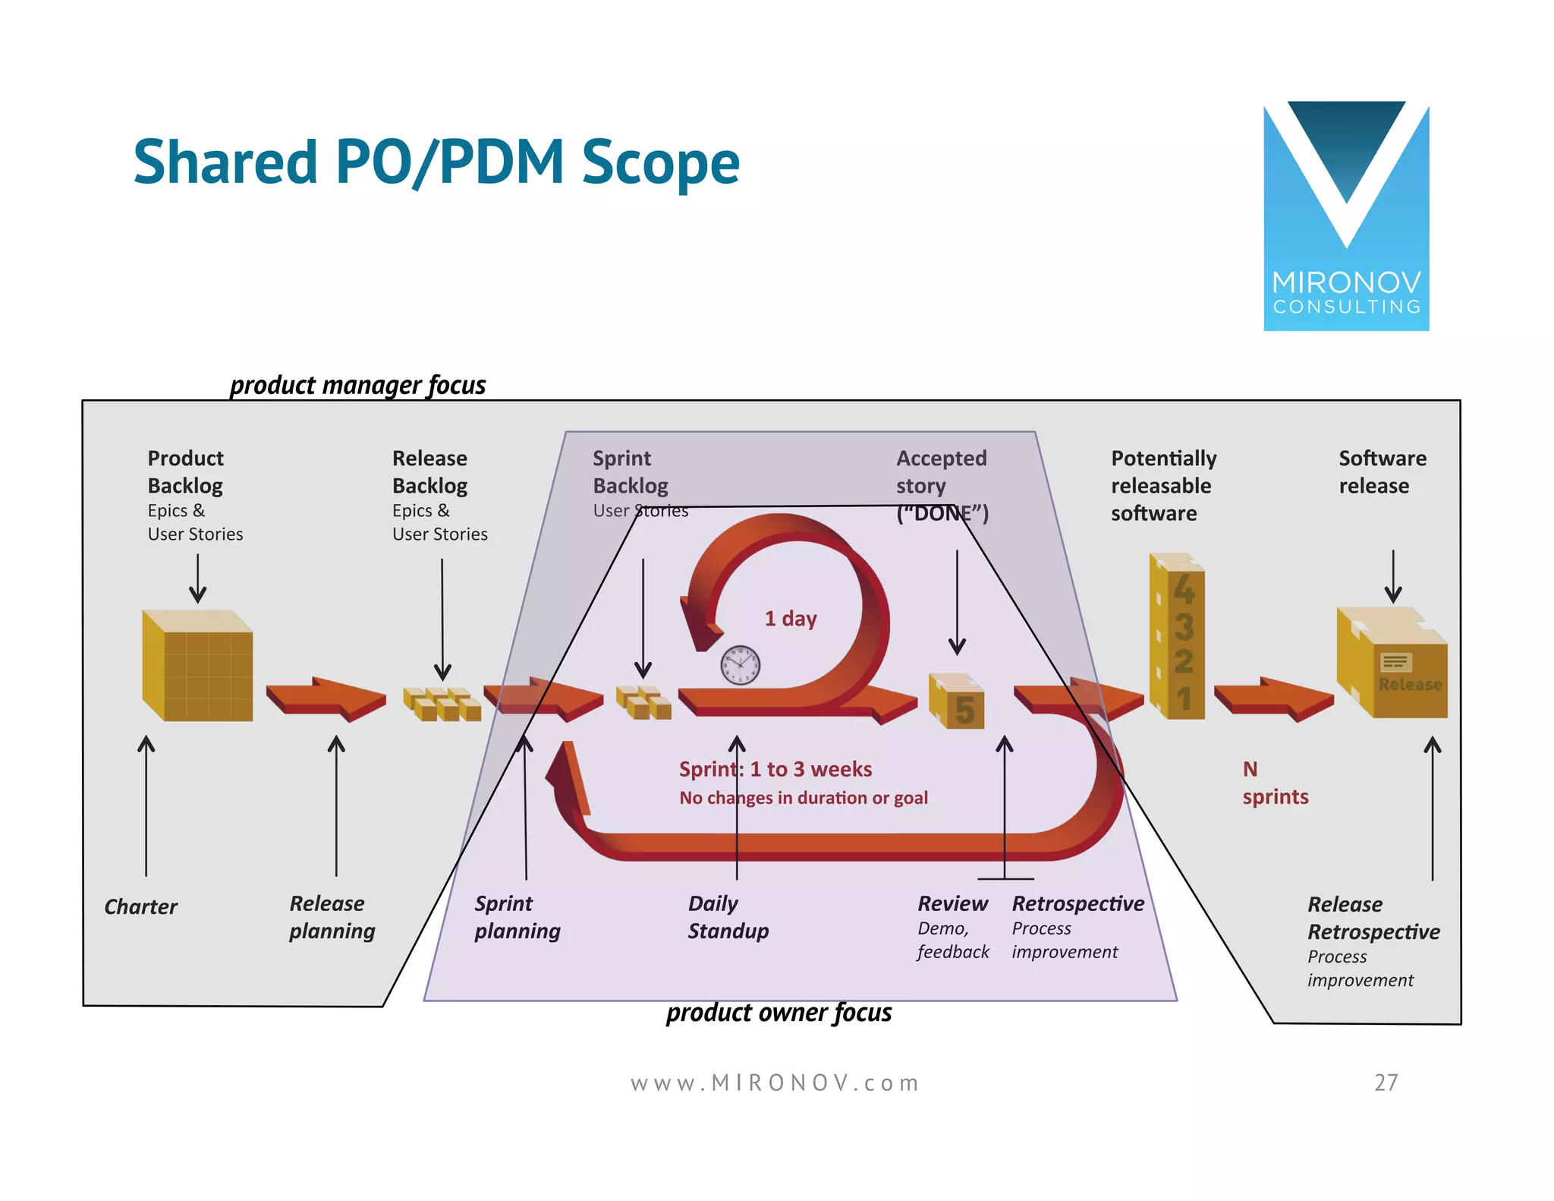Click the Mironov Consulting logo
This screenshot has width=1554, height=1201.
pyautogui.click(x=1345, y=216)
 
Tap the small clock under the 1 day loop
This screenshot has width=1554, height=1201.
pyautogui.click(x=740, y=665)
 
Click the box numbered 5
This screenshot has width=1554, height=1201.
pyautogui.click(x=958, y=701)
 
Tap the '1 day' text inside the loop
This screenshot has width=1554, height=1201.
pyautogui.click(x=790, y=619)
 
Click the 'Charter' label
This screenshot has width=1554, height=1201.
pyautogui.click(x=140, y=906)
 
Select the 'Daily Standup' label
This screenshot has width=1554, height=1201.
pyautogui.click(x=727, y=917)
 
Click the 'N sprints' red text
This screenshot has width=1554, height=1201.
pyautogui.click(x=1274, y=783)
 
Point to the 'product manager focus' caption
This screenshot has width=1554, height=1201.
pyautogui.click(x=357, y=385)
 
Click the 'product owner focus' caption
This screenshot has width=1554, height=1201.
pyautogui.click(x=779, y=1013)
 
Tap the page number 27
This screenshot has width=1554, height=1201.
pyautogui.click(x=1386, y=1082)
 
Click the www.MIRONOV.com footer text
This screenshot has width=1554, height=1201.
pyautogui.click(x=775, y=1083)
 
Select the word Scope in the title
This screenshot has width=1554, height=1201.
pyautogui.click(x=660, y=162)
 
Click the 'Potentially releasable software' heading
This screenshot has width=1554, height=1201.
pyautogui.click(x=1162, y=486)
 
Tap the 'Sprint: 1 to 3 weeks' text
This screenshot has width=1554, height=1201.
pyautogui.click(x=775, y=769)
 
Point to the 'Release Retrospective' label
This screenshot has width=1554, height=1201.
pyautogui.click(x=1373, y=918)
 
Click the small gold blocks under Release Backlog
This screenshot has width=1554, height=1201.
pyautogui.click(x=442, y=704)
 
